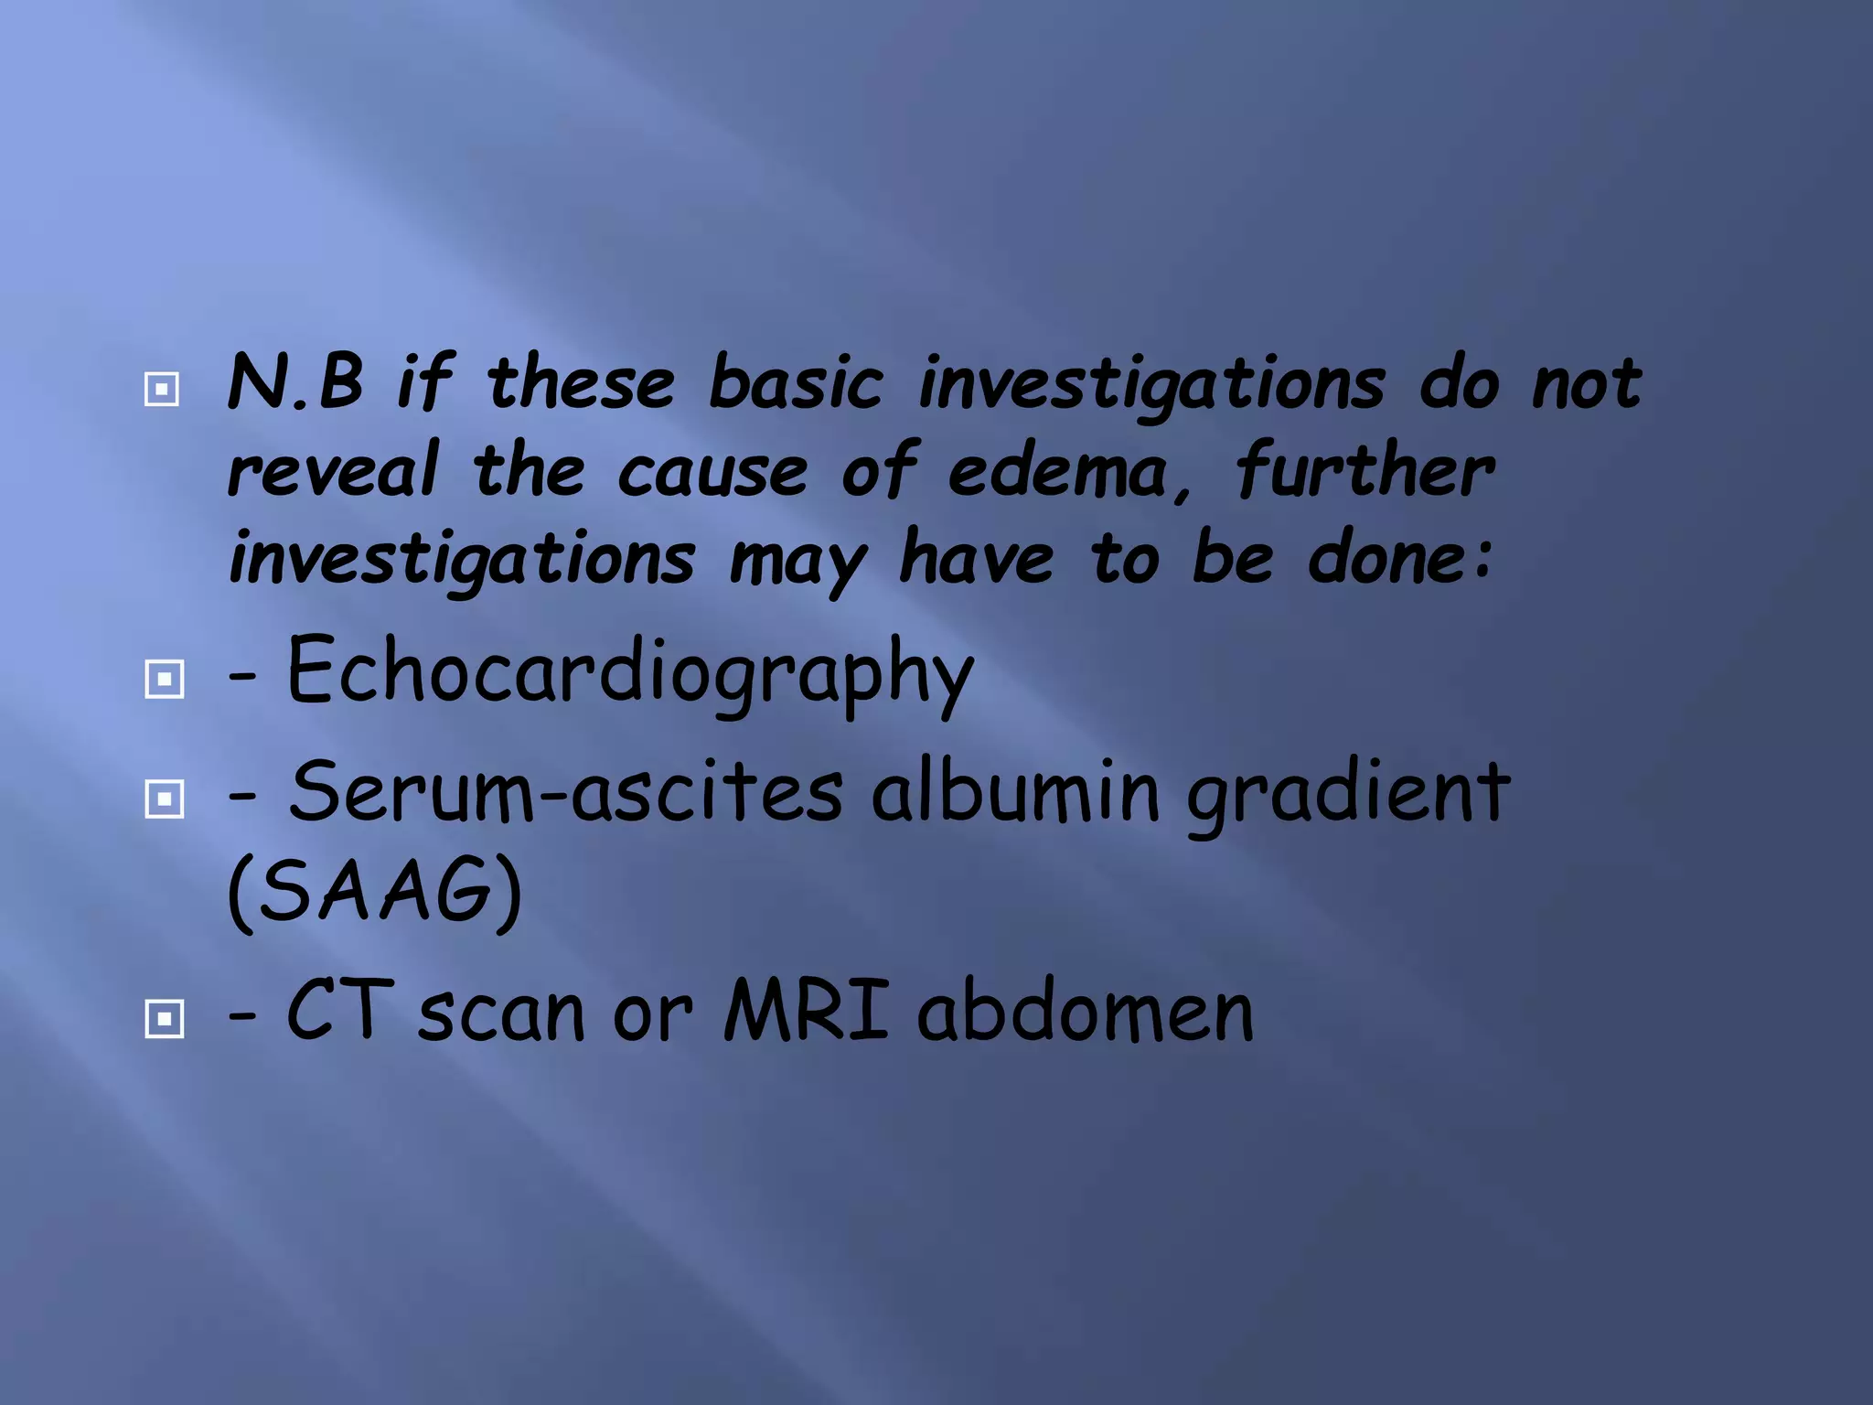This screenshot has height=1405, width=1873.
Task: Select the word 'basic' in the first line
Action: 796,383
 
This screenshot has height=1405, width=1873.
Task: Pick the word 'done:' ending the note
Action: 1400,558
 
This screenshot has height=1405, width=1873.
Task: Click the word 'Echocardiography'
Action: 630,673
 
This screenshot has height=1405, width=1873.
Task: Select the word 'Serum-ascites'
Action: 566,792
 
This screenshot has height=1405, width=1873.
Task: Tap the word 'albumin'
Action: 1016,790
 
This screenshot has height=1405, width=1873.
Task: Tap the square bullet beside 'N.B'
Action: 162,390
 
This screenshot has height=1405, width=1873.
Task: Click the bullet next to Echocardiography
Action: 165,679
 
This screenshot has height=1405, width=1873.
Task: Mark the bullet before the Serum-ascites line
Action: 165,799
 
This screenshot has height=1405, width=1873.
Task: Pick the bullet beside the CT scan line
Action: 165,1018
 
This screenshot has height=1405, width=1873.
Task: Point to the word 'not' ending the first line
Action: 1587,383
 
